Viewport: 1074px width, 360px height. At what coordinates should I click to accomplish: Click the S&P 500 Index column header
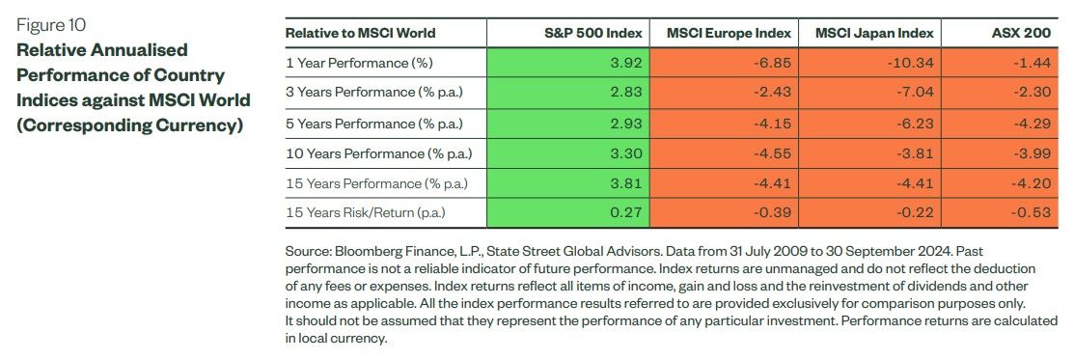tap(594, 33)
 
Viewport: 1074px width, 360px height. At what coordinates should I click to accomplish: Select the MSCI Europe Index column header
tap(729, 33)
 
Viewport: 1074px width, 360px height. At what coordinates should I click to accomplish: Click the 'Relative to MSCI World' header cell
tap(360, 33)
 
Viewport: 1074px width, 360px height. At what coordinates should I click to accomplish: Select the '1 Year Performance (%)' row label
tap(360, 63)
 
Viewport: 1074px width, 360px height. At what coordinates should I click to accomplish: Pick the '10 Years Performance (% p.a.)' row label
tap(379, 153)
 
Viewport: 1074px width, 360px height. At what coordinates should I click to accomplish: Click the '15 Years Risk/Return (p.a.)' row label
tap(365, 212)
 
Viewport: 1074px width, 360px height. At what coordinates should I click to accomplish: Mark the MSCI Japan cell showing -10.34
tap(870, 63)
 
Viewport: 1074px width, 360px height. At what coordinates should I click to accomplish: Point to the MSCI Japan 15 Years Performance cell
tap(870, 183)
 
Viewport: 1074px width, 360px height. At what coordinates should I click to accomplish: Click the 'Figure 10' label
tap(51, 26)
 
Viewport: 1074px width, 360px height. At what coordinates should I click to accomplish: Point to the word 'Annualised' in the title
tap(135, 50)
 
